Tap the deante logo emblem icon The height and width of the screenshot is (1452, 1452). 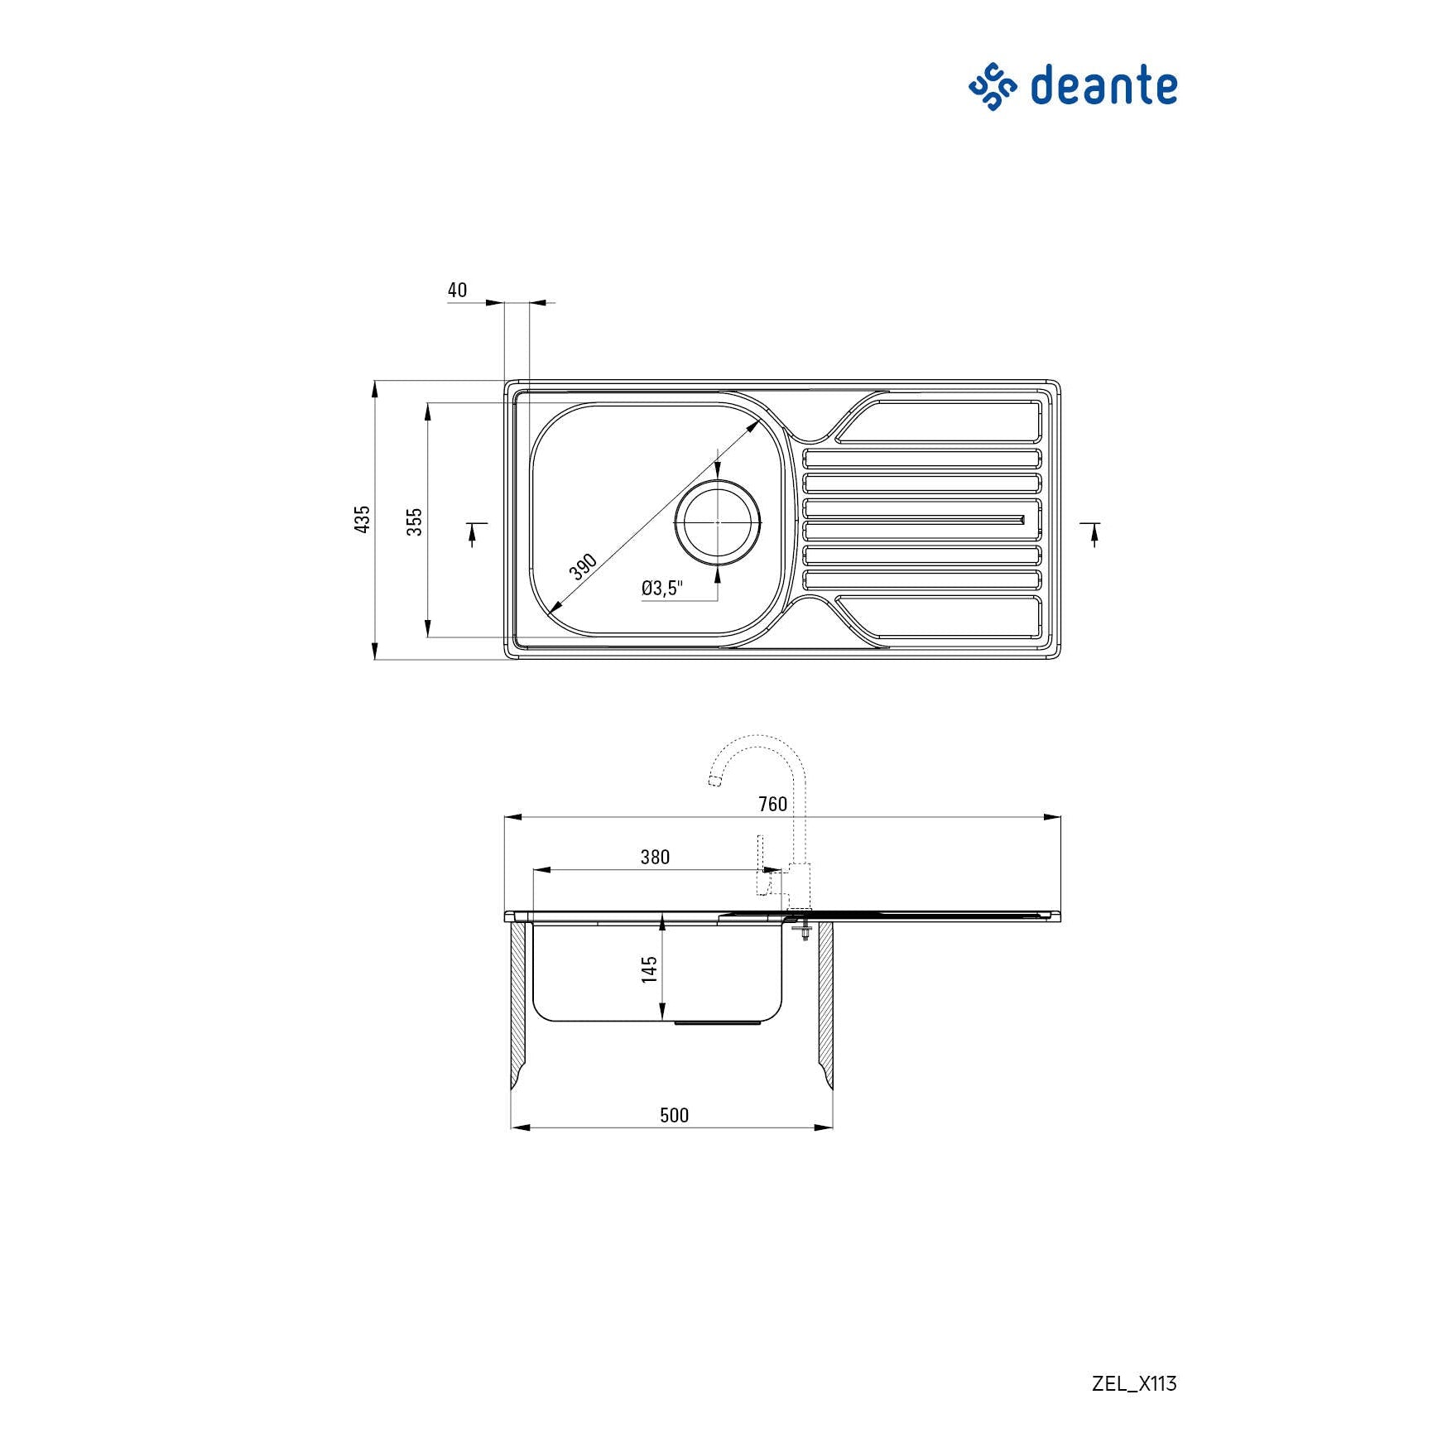point(992,86)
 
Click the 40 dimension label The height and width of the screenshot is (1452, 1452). point(457,290)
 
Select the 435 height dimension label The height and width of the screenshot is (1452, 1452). point(362,519)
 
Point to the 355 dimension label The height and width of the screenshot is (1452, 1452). point(414,521)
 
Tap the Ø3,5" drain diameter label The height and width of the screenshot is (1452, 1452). point(661,588)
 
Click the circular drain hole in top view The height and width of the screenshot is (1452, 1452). point(717,522)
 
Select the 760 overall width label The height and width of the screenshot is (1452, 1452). point(772,804)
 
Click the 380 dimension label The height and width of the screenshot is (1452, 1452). point(654,857)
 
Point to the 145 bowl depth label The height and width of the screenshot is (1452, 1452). point(650,969)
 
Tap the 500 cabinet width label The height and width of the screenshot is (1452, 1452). point(674,1115)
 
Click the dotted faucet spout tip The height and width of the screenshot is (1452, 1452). point(714,780)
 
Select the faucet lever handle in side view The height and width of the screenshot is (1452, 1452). point(762,865)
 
